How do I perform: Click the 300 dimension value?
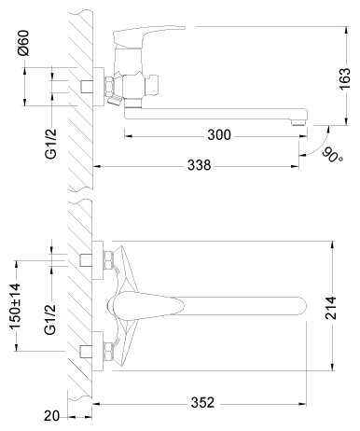219,135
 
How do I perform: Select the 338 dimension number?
200,165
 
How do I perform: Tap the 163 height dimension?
344,79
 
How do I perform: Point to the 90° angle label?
332,155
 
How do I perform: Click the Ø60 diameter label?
23,43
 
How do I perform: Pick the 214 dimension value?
330,308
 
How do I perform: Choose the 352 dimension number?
202,402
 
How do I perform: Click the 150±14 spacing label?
15,306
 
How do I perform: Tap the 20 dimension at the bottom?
51,416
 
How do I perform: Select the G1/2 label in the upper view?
51,144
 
